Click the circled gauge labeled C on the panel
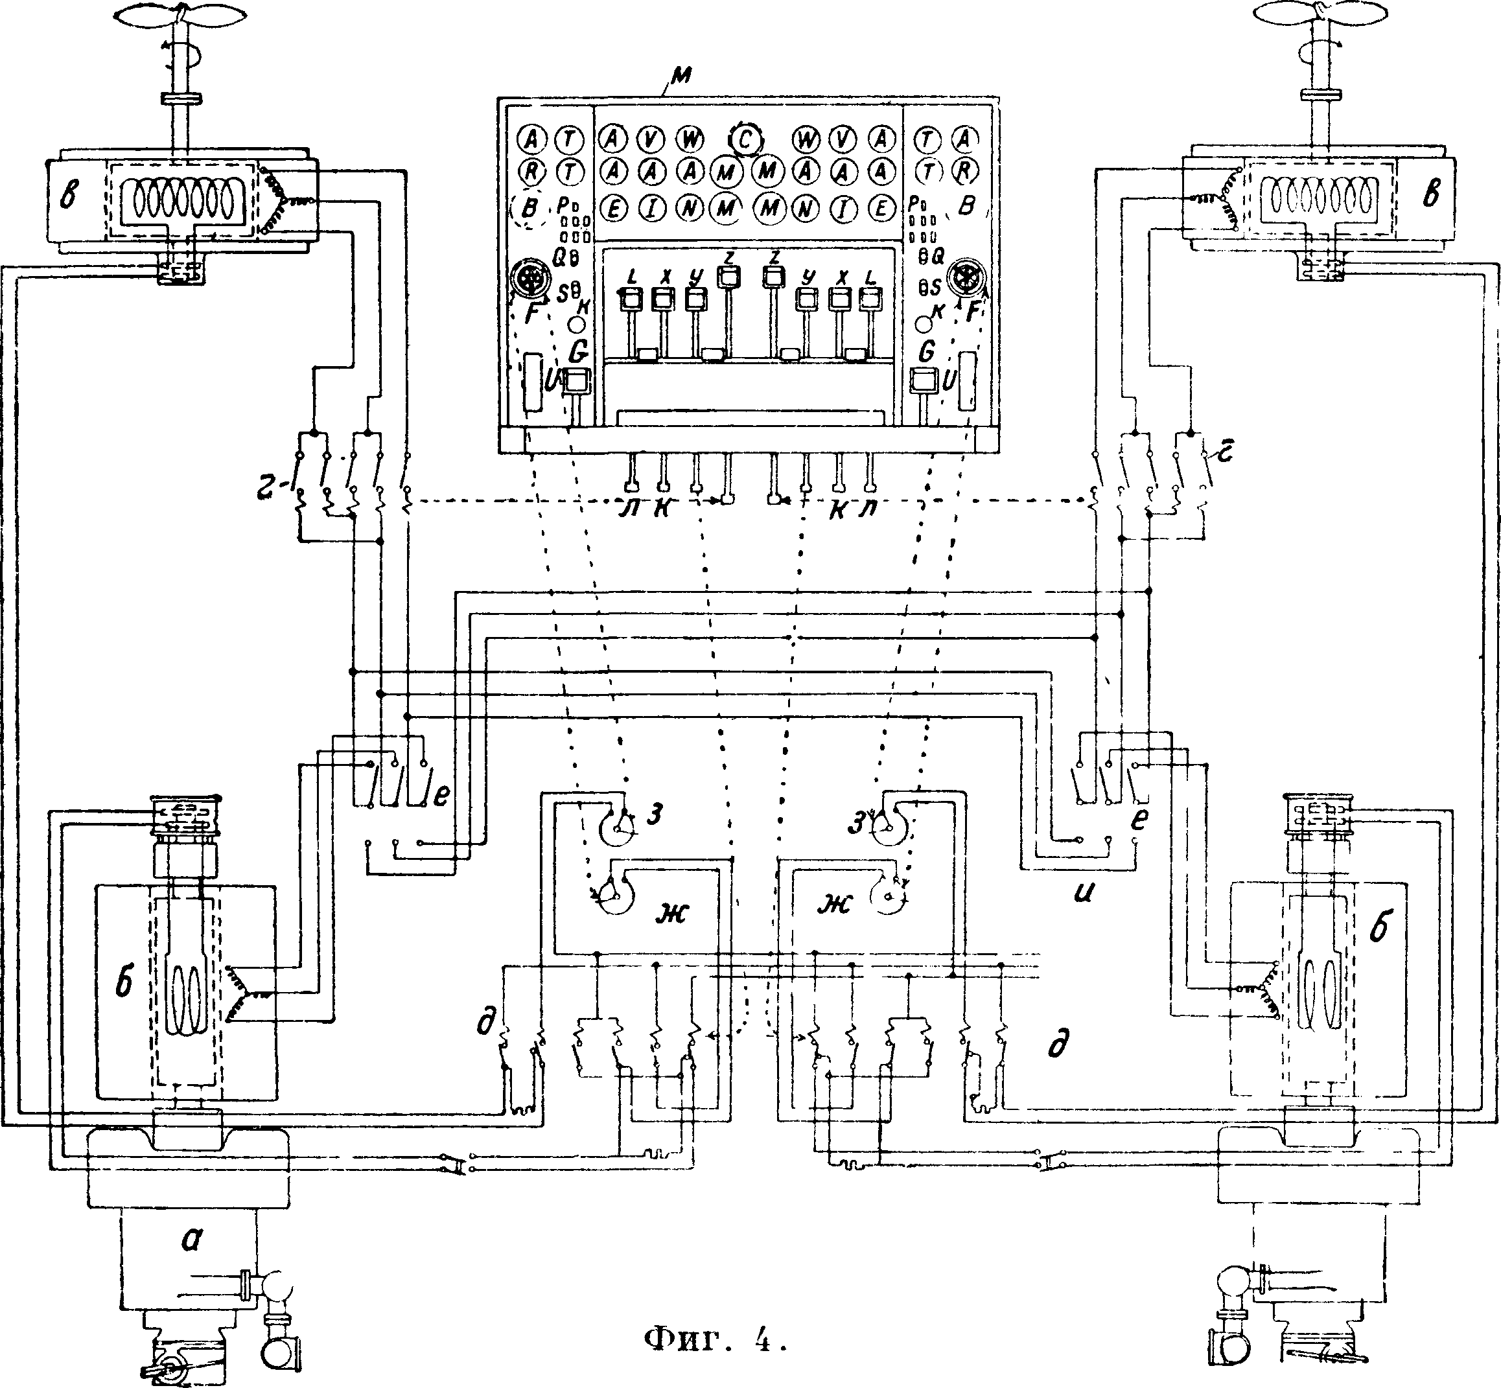coord(745,140)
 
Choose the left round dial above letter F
coord(529,280)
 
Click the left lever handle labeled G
coord(576,382)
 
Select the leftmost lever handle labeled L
coord(629,301)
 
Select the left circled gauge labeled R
coord(532,172)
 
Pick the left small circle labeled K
coord(576,325)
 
